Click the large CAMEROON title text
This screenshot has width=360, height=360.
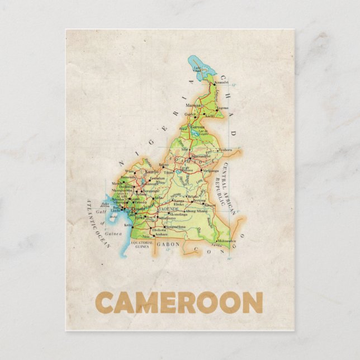pos(179,302)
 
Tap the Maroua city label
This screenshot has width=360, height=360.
pos(193,105)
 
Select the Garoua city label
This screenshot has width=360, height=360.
pos(197,127)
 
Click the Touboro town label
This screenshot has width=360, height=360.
pos(224,150)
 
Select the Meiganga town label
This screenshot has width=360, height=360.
pos(211,170)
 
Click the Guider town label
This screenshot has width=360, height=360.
pos(190,114)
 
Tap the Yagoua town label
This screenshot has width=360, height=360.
pos(222,108)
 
